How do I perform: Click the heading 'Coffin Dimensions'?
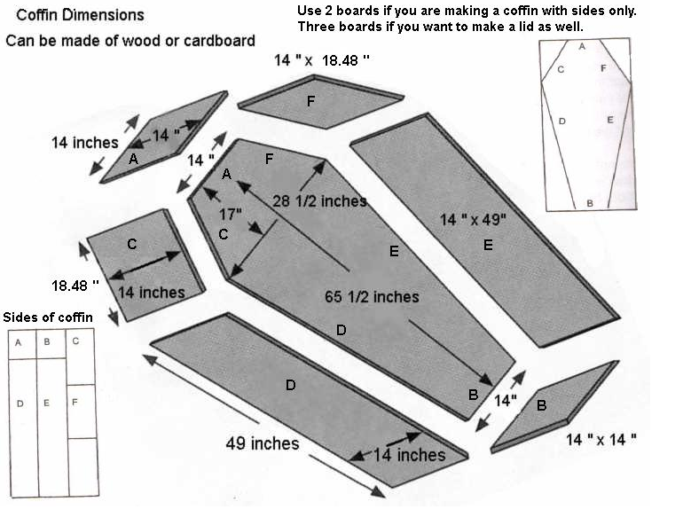pos(75,15)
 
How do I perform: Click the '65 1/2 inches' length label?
pos(371,296)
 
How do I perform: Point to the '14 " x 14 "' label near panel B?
pos(601,438)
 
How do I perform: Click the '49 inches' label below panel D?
pos(263,443)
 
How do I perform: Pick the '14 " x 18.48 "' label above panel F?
pos(321,59)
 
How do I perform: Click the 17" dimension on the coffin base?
pos(231,214)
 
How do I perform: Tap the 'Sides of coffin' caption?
pos(48,317)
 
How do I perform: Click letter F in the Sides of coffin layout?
pos(75,403)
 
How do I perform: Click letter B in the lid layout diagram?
pos(589,203)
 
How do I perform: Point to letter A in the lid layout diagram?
pos(582,45)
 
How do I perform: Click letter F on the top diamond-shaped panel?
pos(310,101)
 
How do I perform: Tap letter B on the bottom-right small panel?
pos(540,406)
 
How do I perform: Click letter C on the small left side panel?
pos(131,244)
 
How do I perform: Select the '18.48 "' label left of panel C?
pos(75,286)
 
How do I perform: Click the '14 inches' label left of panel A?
pos(84,142)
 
